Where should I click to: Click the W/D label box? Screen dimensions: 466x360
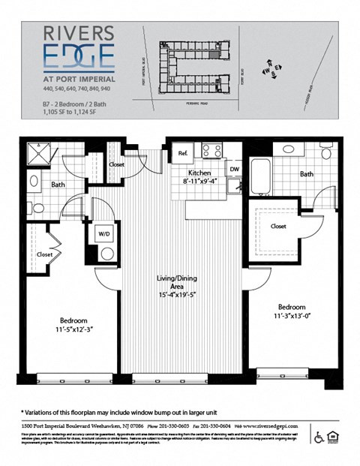click(106, 233)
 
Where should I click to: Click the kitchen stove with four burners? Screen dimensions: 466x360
click(212, 151)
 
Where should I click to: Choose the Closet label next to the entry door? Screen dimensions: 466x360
click(116, 164)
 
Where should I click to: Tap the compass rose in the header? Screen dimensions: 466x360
click(269, 71)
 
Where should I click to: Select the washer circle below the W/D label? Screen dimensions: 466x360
click(106, 252)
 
